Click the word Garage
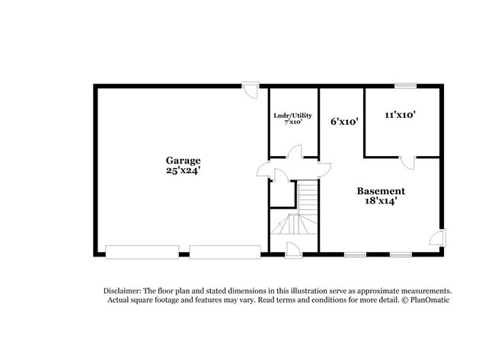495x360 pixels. click(x=184, y=161)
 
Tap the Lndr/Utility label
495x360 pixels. click(x=292, y=116)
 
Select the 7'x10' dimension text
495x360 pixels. click(x=292, y=123)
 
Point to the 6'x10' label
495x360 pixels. click(x=344, y=120)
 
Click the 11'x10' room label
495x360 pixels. click(x=399, y=114)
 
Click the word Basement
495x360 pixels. click(x=381, y=191)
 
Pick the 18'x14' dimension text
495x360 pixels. click(x=381, y=202)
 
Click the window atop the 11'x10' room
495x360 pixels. click(x=405, y=85)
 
